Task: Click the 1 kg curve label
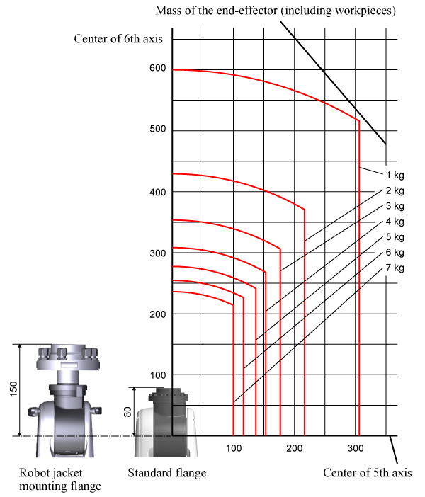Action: (x=395, y=176)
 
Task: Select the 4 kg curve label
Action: (x=395, y=222)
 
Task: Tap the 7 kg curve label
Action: (x=395, y=268)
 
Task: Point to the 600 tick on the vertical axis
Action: (x=158, y=68)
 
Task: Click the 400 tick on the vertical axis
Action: (x=158, y=192)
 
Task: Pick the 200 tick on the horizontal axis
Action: (x=295, y=448)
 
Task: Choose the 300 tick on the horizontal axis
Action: (x=355, y=448)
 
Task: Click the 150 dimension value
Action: (x=13, y=389)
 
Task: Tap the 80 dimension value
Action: (x=127, y=412)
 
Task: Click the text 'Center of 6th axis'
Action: (x=118, y=39)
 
